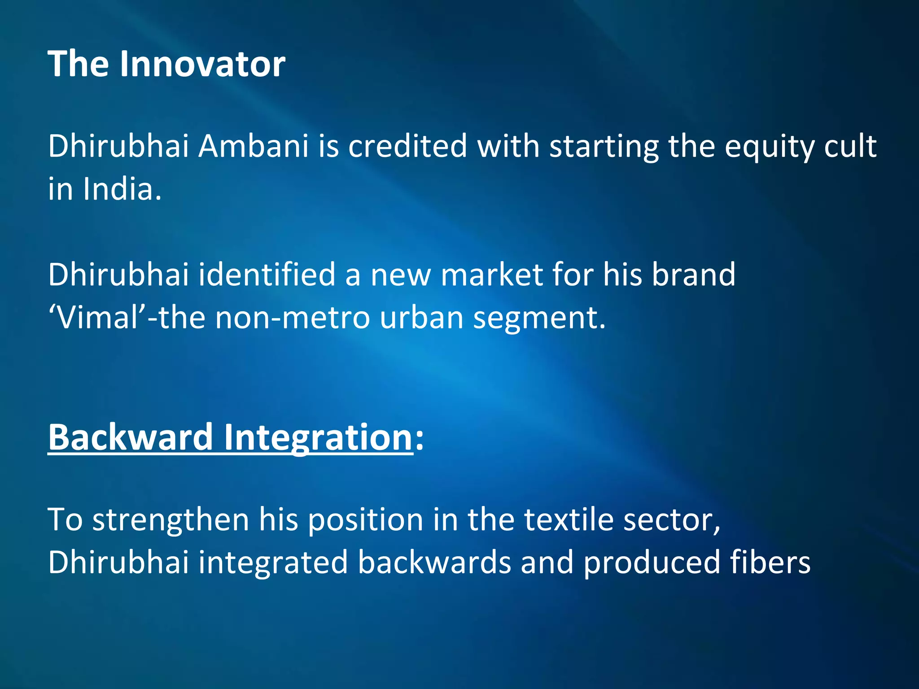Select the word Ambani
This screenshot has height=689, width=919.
(254, 146)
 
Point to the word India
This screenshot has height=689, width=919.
(122, 189)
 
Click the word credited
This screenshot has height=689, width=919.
(407, 146)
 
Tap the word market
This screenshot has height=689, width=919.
(491, 275)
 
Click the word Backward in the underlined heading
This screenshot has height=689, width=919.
(131, 437)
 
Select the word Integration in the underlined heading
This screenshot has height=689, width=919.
(318, 438)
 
